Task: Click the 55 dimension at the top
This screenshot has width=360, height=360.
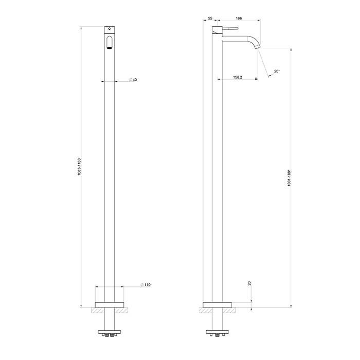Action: click(x=210, y=19)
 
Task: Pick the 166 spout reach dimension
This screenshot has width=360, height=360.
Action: click(x=239, y=19)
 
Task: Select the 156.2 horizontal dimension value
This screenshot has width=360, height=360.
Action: click(x=237, y=78)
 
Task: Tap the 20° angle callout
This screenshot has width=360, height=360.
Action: click(x=277, y=72)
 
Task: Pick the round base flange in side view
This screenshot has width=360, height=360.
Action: click(x=218, y=303)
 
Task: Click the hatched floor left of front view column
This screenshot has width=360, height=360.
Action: click(x=97, y=310)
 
